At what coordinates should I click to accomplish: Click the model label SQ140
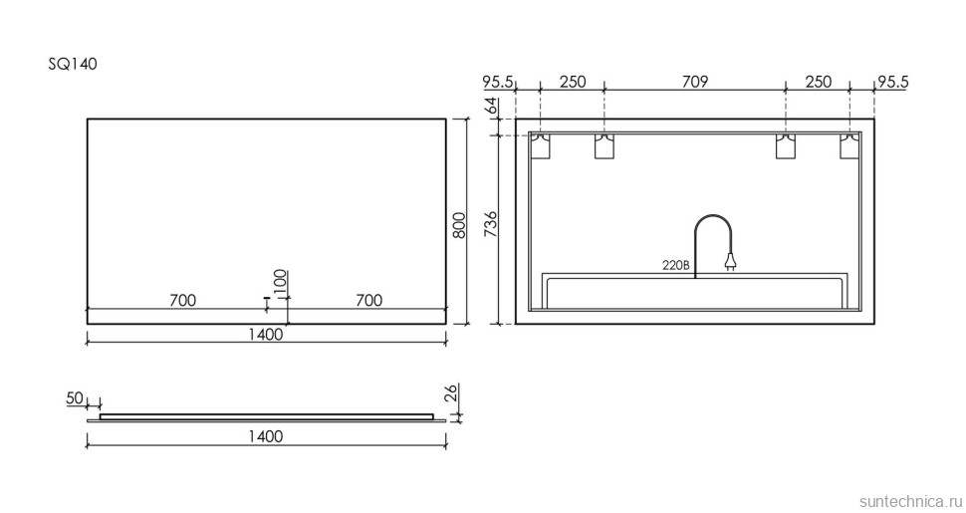[73, 64]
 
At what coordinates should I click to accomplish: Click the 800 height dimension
[459, 225]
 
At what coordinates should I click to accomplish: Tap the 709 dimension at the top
[695, 82]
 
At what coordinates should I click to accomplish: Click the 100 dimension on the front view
[280, 284]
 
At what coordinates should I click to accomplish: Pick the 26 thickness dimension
[451, 392]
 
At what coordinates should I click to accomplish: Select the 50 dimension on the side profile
[75, 398]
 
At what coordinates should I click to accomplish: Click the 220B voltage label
[675, 266]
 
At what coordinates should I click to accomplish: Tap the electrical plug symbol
[731, 263]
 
